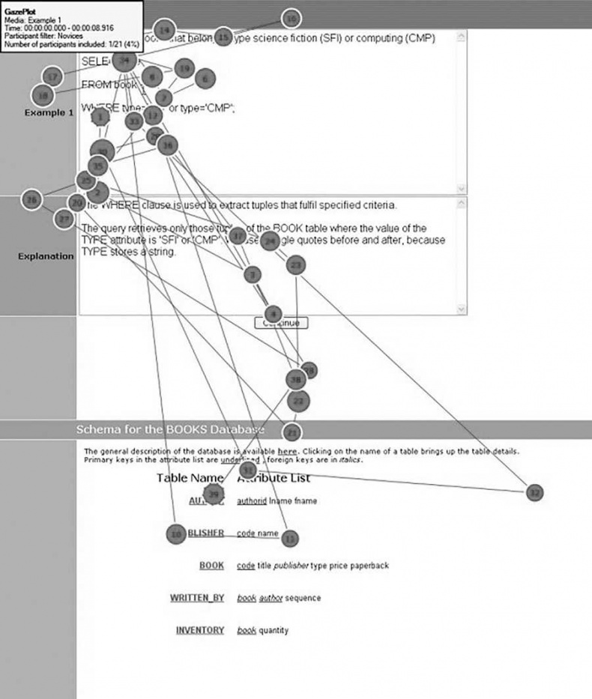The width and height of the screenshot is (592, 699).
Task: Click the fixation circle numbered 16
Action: click(292, 18)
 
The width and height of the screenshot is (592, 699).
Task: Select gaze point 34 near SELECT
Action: click(124, 60)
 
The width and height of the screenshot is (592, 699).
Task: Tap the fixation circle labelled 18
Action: click(43, 95)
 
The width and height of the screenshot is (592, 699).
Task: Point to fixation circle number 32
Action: click(534, 492)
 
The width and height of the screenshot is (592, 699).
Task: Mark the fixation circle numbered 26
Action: click(31, 200)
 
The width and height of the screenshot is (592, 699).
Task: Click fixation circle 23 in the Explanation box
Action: click(297, 264)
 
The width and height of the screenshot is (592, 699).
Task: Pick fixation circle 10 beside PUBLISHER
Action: click(175, 533)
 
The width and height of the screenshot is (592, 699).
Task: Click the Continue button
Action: click(281, 323)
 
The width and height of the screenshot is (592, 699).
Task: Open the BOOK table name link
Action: click(211, 566)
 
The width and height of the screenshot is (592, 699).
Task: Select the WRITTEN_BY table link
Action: click(196, 598)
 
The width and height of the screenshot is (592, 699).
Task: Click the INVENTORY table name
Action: click(199, 630)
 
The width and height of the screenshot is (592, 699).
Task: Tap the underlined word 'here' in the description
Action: click(288, 452)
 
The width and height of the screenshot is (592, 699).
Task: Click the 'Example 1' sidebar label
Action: click(49, 112)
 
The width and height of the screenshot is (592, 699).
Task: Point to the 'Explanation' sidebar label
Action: click(46, 256)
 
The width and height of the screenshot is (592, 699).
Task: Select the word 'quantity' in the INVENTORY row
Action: click(274, 631)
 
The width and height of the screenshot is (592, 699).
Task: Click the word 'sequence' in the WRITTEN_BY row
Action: click(303, 598)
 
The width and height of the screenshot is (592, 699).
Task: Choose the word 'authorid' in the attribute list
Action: click(251, 500)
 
